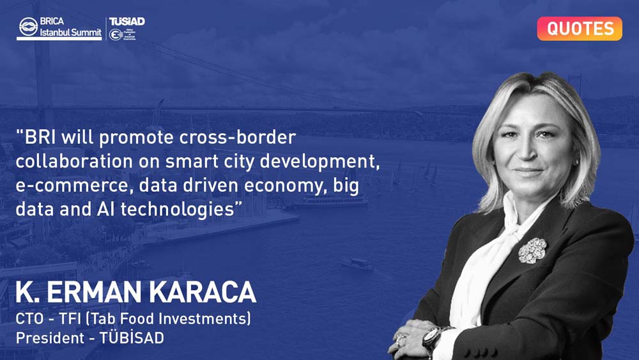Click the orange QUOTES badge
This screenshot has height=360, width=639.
579,29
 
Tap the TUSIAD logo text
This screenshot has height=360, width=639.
127,22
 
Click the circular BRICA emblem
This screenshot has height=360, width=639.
28,27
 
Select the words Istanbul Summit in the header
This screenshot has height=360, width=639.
70,32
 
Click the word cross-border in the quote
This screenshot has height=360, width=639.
238,137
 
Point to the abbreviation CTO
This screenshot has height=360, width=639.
29,318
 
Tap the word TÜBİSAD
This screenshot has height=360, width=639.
132,338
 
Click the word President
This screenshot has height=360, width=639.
50,338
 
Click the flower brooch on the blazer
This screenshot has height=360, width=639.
532,250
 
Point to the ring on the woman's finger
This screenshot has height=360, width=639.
401,338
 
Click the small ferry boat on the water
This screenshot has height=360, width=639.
357,263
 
